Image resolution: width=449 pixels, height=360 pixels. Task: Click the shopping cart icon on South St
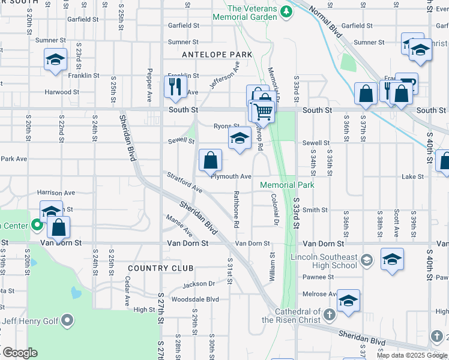[x=262, y=111]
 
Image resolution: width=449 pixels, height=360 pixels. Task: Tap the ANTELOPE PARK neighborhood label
[x=217, y=55]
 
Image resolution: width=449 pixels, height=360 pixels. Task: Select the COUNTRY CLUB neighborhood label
[x=161, y=268]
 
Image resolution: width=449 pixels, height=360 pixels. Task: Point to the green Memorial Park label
[x=287, y=185]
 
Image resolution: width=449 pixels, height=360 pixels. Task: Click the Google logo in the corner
[x=19, y=353]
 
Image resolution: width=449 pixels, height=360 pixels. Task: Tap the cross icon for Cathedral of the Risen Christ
[x=329, y=314]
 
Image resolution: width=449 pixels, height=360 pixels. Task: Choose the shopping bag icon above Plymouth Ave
[x=211, y=160]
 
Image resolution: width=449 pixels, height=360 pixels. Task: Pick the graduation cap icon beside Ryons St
[x=239, y=139]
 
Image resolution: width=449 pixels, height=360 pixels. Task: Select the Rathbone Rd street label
[x=237, y=208]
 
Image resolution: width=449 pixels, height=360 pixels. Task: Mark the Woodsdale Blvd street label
[x=195, y=299]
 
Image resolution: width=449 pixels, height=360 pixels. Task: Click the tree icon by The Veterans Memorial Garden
[x=287, y=11]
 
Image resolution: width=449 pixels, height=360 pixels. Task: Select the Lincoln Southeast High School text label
[x=332, y=261]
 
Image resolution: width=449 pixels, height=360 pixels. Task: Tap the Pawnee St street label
[x=318, y=277]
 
